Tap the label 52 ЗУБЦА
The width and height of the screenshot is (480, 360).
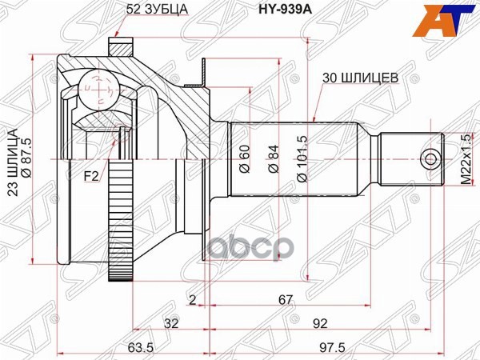158,10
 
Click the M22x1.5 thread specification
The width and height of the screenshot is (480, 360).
465,160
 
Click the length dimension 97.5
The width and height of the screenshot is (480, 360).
326,348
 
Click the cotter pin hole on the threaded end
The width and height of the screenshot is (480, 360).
432,158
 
